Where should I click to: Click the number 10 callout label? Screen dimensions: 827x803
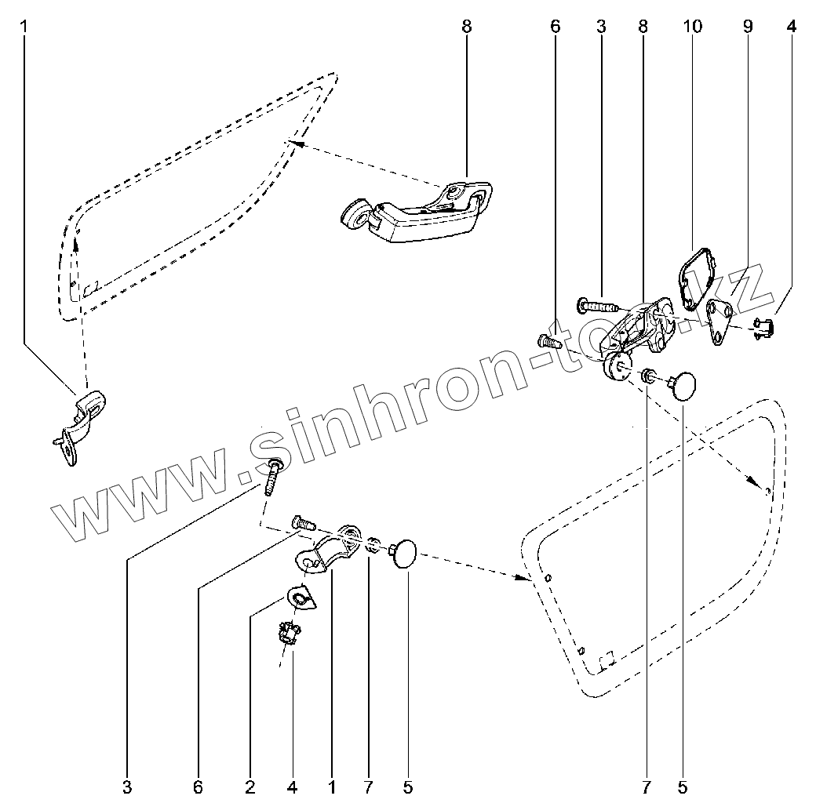(x=692, y=26)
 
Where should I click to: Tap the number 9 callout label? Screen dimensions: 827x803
(x=747, y=26)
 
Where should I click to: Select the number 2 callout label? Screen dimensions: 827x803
(x=250, y=786)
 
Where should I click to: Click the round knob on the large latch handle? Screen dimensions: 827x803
(x=353, y=213)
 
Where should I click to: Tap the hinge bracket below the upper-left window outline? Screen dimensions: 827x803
(x=82, y=419)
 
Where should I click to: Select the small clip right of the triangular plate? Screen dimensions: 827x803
(x=763, y=326)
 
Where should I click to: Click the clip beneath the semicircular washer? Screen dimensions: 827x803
(x=290, y=631)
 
